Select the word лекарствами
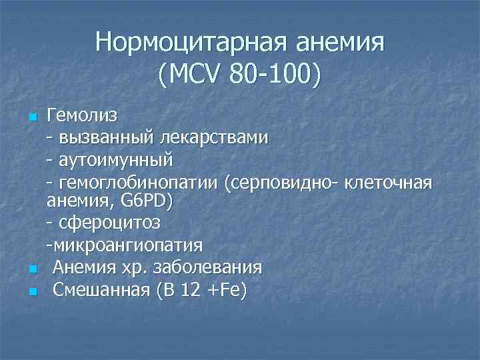point(212,138)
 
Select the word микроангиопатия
point(124,245)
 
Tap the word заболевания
point(207,267)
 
